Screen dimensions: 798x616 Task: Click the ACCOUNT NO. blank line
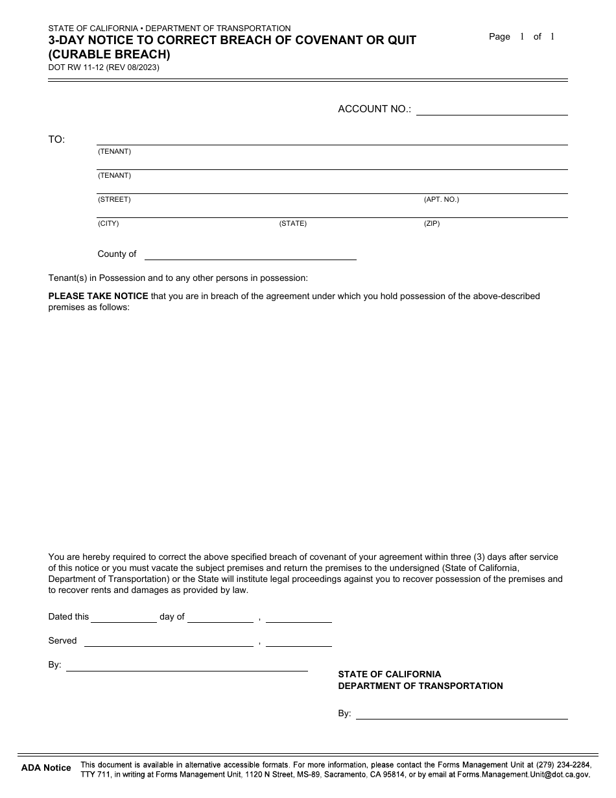pyautogui.click(x=492, y=110)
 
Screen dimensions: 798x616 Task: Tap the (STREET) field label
pyautogui.click(x=114, y=200)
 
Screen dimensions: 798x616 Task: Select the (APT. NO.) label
pyautogui.click(x=441, y=200)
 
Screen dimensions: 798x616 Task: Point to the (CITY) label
pyautogui.click(x=108, y=224)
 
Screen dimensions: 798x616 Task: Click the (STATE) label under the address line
pyautogui.click(x=292, y=224)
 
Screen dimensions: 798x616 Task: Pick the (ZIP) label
pyautogui.click(x=432, y=224)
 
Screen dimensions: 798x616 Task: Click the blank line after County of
pyautogui.click(x=250, y=254)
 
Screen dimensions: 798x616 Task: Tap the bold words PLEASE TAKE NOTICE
pyautogui.click(x=98, y=296)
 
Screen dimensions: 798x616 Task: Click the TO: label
pyautogui.click(x=56, y=139)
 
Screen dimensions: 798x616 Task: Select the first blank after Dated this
pyautogui.click(x=124, y=617)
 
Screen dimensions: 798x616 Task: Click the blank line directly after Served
pyautogui.click(x=169, y=641)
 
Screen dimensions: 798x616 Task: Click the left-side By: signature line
pyautogui.click(x=187, y=666)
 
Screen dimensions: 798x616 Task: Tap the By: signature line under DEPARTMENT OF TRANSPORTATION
pyautogui.click(x=462, y=714)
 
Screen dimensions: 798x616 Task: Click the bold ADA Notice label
pyautogui.click(x=46, y=768)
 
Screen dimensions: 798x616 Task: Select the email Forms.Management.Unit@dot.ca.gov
pyautogui.click(x=523, y=775)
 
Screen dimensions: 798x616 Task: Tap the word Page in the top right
pyautogui.click(x=499, y=37)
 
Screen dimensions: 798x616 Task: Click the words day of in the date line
pyautogui.click(x=172, y=617)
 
